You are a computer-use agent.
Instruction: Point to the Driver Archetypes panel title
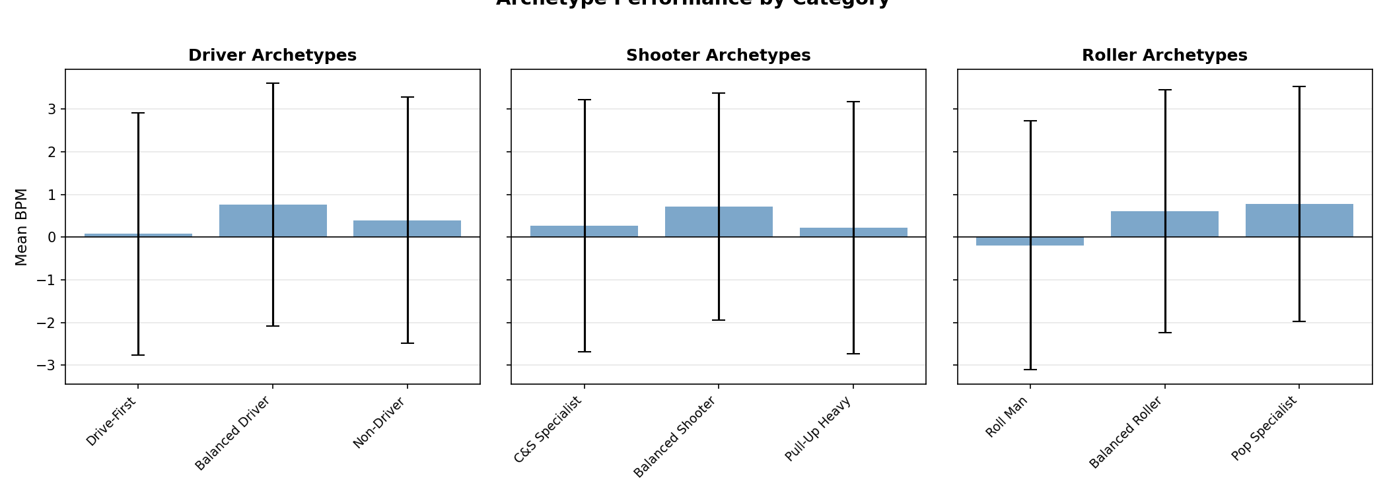click(272, 55)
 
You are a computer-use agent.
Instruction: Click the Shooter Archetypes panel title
click(718, 55)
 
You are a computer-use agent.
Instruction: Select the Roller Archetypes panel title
click(1164, 55)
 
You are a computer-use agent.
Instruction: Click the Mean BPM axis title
click(22, 227)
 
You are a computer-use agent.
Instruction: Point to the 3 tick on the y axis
click(52, 109)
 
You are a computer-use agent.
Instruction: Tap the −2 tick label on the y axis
click(47, 323)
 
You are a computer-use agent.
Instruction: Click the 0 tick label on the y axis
click(52, 237)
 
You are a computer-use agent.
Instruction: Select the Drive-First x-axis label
click(112, 422)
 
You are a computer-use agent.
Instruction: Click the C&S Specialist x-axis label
click(548, 429)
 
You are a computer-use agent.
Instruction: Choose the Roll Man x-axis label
click(1007, 418)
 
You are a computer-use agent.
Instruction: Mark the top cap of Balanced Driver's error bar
click(273, 83)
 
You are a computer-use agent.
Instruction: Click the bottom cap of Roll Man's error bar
click(1030, 370)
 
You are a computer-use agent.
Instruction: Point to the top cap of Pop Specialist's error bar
click(1299, 86)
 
